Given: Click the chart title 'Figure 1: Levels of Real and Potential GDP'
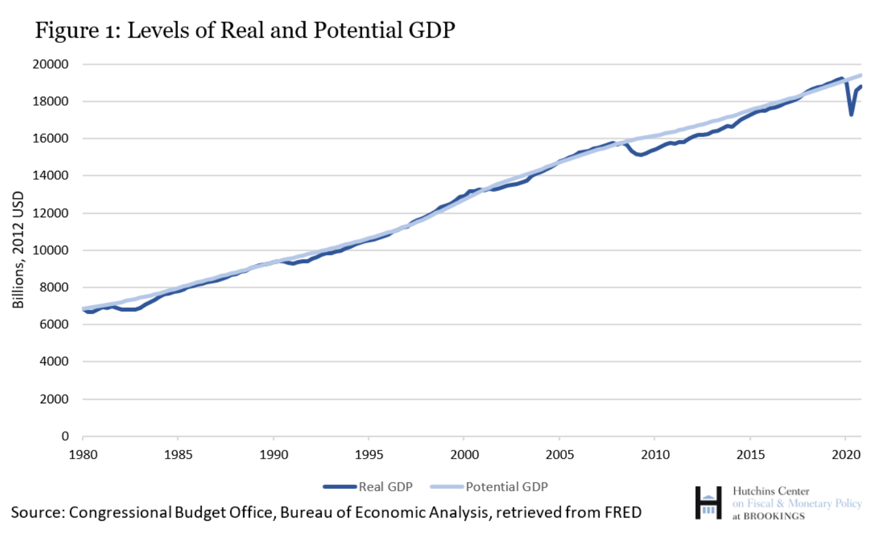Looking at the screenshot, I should tap(244, 30).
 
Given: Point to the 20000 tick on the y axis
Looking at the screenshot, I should tap(52, 64).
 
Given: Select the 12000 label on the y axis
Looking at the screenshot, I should tap(52, 213).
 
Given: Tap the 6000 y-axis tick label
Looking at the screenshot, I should tap(55, 325).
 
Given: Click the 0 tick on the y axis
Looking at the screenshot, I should tap(65, 436).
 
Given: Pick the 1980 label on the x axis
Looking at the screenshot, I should tap(83, 455).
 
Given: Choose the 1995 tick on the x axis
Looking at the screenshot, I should tap(368, 455).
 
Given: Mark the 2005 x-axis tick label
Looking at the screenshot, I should tap(559, 455).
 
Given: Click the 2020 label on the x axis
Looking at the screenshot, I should tap(845, 455).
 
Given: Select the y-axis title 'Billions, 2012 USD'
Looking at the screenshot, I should tap(18, 249).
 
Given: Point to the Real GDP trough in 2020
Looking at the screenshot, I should tap(852, 114).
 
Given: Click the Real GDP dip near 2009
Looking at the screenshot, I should tap(639, 155).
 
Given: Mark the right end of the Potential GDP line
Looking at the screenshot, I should tap(860, 75).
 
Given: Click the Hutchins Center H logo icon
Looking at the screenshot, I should tap(708, 502).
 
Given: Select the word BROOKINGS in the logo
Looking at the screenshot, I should tap(774, 516).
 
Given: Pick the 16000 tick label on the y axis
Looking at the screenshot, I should tap(52, 139).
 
